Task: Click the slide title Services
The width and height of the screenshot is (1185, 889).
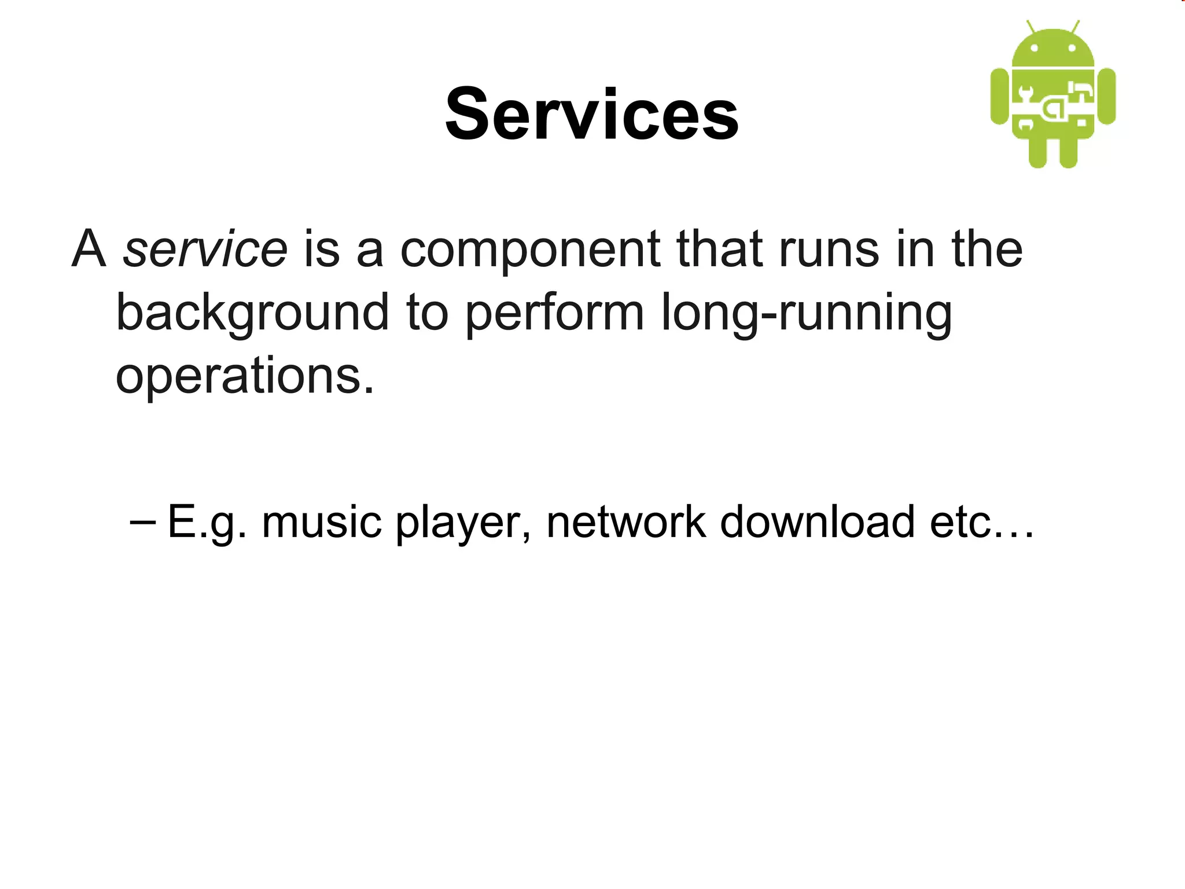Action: (591, 113)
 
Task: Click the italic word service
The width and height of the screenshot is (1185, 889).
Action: (205, 249)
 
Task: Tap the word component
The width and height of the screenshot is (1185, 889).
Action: (530, 250)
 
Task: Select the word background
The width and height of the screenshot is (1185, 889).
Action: (252, 313)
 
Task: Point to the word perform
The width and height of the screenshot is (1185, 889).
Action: (554, 313)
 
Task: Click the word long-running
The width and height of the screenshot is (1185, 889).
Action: (805, 313)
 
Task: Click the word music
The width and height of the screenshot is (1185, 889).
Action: (321, 522)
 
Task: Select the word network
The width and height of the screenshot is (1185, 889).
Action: (625, 522)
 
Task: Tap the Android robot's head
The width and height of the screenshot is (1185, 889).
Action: (1052, 49)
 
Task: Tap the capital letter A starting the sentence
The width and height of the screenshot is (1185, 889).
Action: (89, 249)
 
